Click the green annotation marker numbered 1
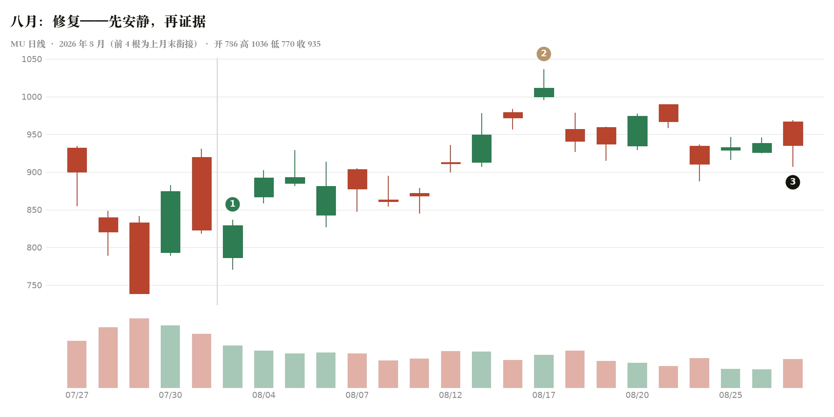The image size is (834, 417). coord(233,204)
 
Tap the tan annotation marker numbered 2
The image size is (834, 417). coord(544,54)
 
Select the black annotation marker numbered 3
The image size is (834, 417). coord(793,182)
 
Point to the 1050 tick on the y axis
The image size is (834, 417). coord(32,59)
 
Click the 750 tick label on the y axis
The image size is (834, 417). coord(34,286)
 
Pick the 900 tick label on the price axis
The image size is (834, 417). coord(34,173)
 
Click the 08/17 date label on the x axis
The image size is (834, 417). coord(544,395)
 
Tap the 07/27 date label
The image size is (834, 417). coord(77,395)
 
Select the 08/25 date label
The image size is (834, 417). coord(731,395)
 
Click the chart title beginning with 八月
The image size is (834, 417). coord(108,22)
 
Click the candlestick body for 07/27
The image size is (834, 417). coord(77,160)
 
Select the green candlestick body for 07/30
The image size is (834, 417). coord(171,222)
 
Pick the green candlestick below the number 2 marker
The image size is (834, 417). coord(544,93)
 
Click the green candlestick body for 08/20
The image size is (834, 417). coord(637,131)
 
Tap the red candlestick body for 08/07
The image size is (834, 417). coord(357,179)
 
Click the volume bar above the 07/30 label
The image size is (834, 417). coord(171,357)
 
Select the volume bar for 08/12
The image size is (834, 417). coord(451,369)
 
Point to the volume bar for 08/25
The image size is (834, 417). coord(731,378)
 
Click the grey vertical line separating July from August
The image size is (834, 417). coord(217,181)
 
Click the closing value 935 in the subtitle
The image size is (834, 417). coord(314,44)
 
